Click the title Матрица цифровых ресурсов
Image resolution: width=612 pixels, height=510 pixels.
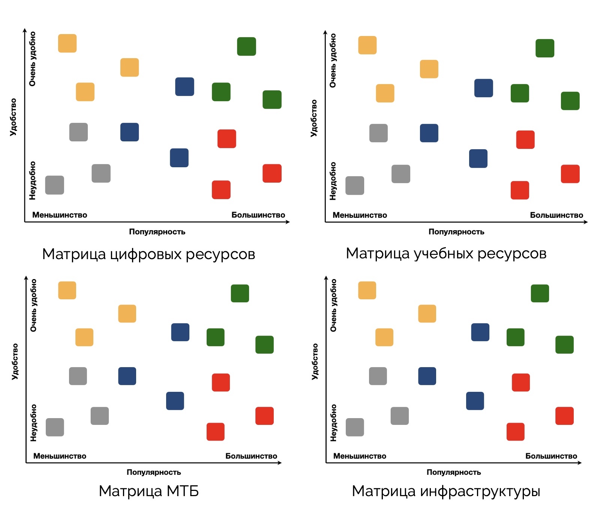click(148, 254)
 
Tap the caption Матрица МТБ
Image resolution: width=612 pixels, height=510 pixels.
click(148, 491)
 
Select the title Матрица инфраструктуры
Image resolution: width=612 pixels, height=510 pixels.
click(446, 491)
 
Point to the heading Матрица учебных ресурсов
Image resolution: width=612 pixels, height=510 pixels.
click(446, 253)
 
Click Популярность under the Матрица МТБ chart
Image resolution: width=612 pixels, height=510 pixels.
click(154, 472)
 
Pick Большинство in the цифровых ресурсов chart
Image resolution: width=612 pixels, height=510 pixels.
click(258, 215)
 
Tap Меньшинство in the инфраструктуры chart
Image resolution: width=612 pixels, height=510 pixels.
click(360, 456)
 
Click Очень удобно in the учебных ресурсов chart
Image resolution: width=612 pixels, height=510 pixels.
click(333, 60)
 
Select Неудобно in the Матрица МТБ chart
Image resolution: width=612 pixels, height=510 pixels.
click(34, 423)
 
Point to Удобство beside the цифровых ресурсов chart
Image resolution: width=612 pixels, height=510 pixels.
click(13, 117)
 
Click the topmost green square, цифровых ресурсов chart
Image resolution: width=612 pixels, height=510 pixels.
click(246, 46)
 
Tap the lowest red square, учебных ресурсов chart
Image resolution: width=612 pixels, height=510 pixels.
click(520, 190)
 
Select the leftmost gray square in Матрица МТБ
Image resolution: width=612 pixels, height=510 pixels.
click(55, 427)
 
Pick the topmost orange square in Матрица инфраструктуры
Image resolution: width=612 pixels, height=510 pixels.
click(367, 290)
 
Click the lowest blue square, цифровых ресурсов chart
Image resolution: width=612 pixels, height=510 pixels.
click(179, 158)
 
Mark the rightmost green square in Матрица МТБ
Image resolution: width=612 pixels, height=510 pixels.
click(264, 345)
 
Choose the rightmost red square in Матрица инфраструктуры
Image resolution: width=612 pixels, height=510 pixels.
click(564, 416)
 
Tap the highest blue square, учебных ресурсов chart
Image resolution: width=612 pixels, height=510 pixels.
click(483, 88)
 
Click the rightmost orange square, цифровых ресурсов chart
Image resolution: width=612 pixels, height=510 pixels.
click(129, 67)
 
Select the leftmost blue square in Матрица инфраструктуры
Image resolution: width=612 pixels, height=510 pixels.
click(427, 376)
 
